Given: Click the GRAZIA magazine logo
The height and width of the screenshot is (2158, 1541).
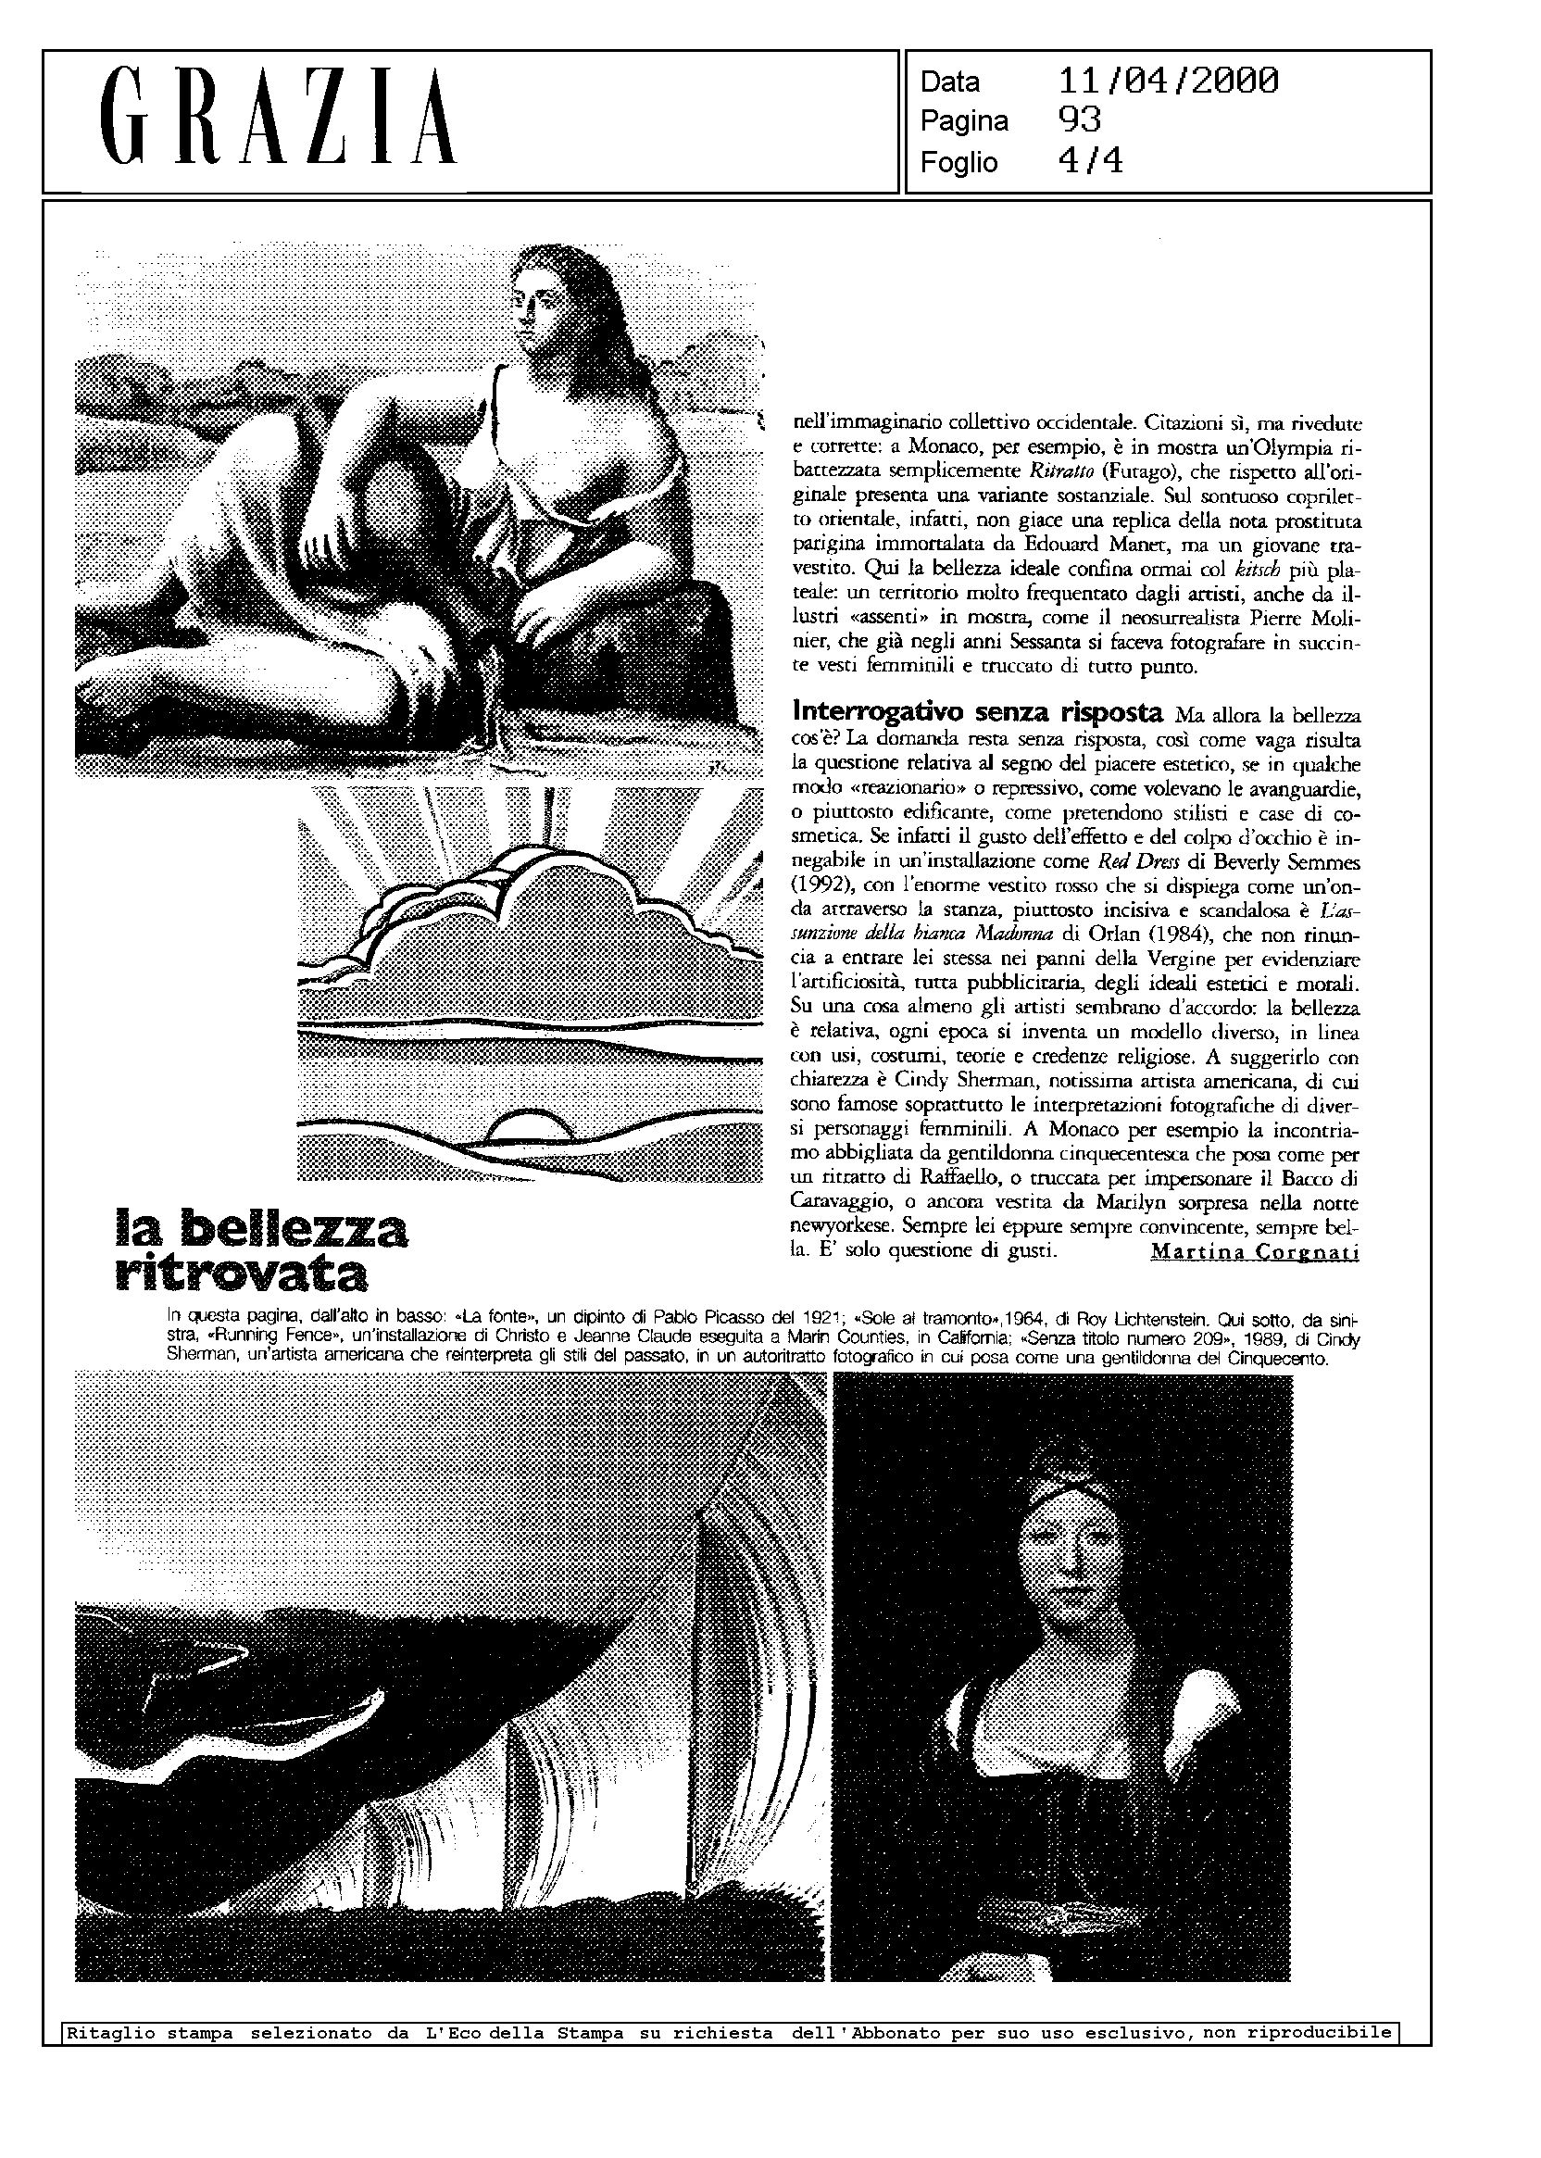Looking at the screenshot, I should pyautogui.click(x=279, y=118).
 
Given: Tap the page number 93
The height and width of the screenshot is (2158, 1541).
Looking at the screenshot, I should pyautogui.click(x=1079, y=120).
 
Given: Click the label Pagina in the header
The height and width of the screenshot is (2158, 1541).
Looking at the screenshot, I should pyautogui.click(x=964, y=121).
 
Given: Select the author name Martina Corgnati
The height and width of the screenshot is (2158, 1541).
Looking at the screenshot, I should pyautogui.click(x=1255, y=1251).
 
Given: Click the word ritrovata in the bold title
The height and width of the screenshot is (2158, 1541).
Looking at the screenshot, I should pyautogui.click(x=241, y=1274).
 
